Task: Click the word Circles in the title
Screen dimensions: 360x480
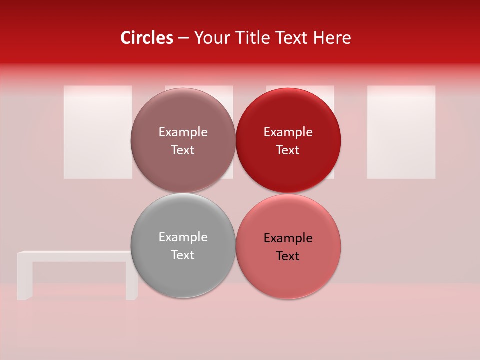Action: click(x=147, y=38)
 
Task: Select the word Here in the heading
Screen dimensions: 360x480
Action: click(x=332, y=38)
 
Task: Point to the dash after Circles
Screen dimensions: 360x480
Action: click(x=183, y=38)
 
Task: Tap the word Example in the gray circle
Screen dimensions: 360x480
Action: click(x=183, y=237)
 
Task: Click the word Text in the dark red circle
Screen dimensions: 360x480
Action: click(x=288, y=150)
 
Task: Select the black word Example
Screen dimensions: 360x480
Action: click(x=288, y=238)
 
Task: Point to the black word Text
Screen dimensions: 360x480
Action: click(x=288, y=256)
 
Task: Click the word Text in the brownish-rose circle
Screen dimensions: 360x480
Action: click(x=183, y=150)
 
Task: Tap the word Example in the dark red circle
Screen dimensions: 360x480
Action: click(x=288, y=132)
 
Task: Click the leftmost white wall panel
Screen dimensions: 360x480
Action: click(x=97, y=132)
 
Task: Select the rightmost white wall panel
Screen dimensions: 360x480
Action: click(x=401, y=132)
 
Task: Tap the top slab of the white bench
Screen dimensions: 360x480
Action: click(x=75, y=256)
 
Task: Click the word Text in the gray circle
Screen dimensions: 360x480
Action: click(x=183, y=255)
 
